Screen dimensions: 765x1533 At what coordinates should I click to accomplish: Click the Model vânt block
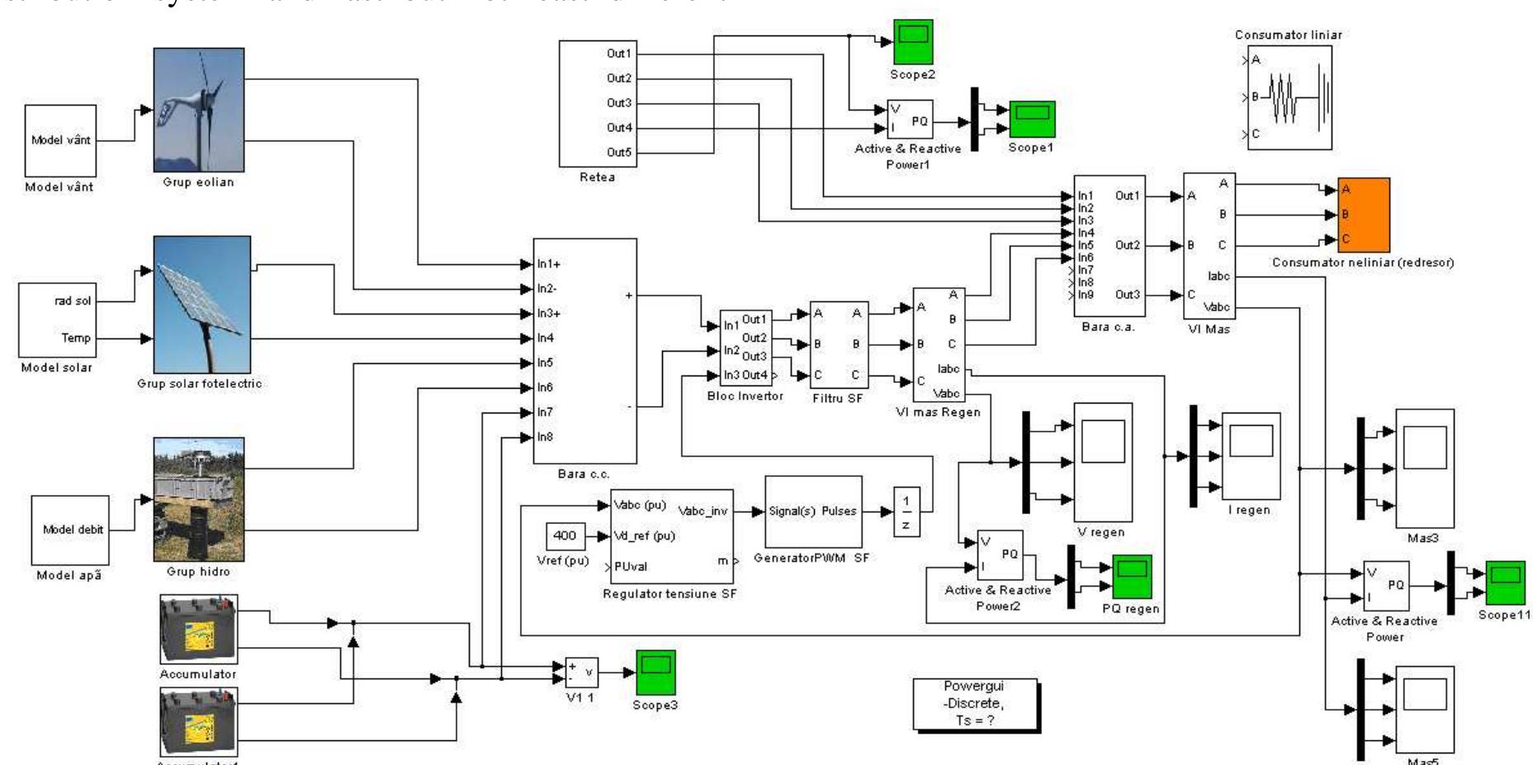click(x=60, y=140)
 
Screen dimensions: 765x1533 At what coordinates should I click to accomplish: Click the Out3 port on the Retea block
click(x=619, y=103)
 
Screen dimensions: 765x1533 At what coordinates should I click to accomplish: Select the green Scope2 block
click(x=912, y=42)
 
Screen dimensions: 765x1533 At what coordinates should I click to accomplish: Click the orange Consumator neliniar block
click(x=1363, y=215)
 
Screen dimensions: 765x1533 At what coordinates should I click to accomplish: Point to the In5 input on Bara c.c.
click(x=545, y=363)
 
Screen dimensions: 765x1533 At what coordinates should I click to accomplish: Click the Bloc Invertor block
click(x=745, y=347)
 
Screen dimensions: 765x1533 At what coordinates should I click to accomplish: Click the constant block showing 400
click(x=565, y=536)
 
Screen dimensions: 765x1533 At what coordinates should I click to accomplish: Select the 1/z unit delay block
click(x=906, y=512)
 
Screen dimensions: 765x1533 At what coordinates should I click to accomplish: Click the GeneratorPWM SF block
click(x=813, y=511)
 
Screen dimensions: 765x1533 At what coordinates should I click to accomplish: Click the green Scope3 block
click(x=655, y=672)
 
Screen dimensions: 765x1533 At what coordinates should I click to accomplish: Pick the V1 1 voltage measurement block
click(x=581, y=673)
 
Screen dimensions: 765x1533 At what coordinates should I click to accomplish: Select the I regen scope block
click(x=1251, y=456)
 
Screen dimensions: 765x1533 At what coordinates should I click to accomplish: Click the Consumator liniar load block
click(x=1289, y=97)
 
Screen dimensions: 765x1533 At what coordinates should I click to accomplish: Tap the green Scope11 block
click(x=1505, y=583)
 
